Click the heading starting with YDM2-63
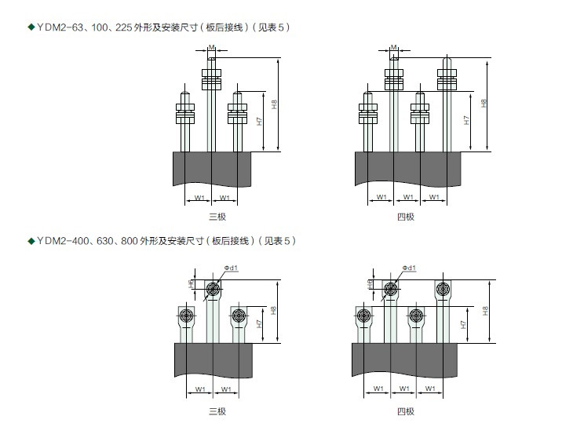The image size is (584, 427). (x=157, y=27)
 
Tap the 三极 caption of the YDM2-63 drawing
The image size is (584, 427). (x=217, y=216)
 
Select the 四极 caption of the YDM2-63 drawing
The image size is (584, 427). (x=405, y=216)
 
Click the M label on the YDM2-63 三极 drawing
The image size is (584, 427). (x=212, y=48)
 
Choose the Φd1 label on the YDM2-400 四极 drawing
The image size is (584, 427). (x=409, y=268)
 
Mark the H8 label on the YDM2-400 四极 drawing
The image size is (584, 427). (x=484, y=311)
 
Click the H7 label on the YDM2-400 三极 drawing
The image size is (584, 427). (x=259, y=324)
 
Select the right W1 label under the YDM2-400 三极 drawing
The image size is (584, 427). (x=225, y=389)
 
